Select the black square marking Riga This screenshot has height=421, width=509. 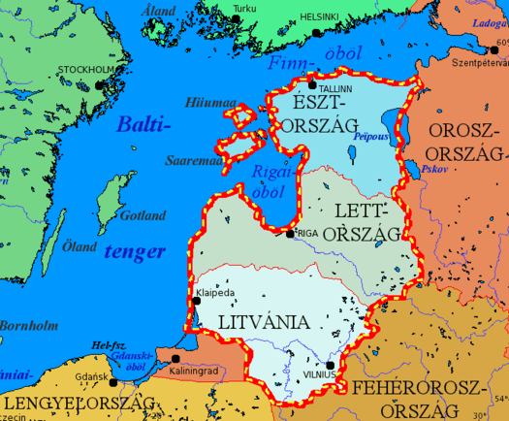click(289, 234)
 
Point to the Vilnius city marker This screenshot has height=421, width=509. click(330, 365)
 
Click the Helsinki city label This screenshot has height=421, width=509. click(346, 16)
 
